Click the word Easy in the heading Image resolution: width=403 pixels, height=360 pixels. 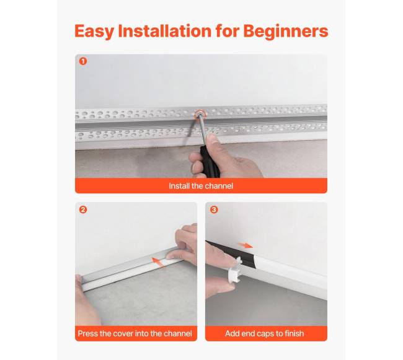94,32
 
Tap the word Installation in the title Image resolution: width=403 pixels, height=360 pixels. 164,31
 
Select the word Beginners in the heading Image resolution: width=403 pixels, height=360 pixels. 286,32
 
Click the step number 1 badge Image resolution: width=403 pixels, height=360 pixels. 83,61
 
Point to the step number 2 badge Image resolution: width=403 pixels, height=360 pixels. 82,210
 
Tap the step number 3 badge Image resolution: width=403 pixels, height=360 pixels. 214,210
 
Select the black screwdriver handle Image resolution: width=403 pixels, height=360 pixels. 210,162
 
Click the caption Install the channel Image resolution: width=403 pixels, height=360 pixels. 201,186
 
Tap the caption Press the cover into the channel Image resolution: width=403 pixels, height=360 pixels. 135,333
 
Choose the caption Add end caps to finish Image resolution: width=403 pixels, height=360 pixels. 265,333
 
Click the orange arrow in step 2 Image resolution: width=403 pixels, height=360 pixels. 157,262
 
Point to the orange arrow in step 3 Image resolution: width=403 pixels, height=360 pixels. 246,245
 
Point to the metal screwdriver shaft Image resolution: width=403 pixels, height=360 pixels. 202,130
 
